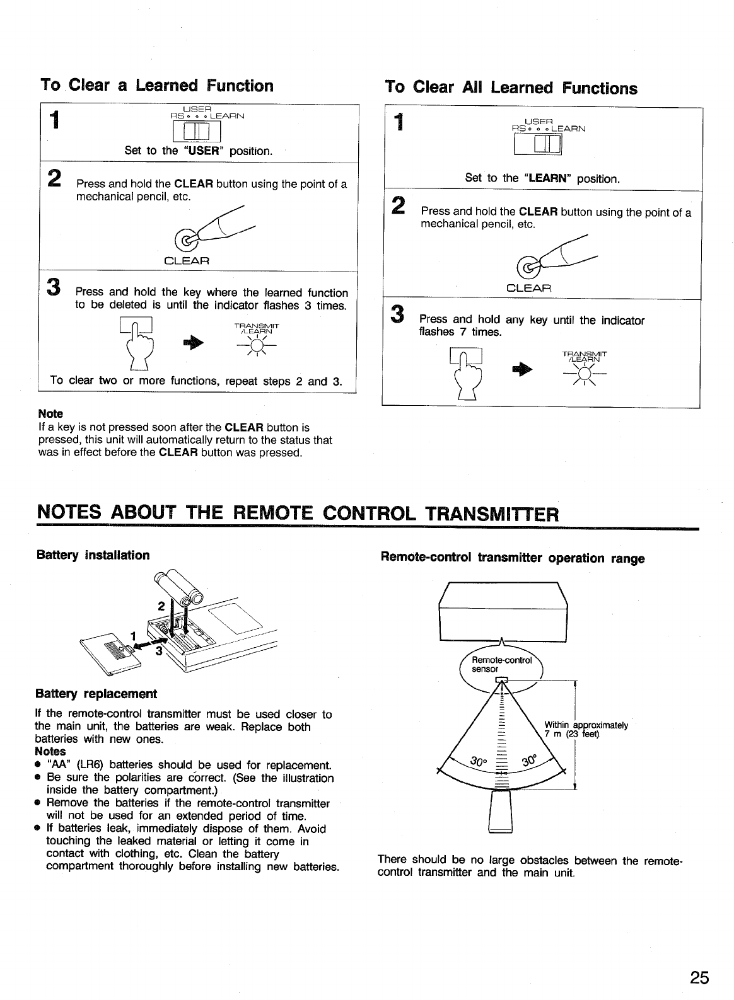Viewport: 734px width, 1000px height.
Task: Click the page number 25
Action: click(x=699, y=977)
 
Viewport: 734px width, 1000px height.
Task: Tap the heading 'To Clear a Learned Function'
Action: click(x=157, y=85)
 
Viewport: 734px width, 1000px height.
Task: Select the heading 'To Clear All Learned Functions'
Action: click(x=511, y=88)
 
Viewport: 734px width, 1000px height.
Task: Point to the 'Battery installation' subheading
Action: click(x=93, y=555)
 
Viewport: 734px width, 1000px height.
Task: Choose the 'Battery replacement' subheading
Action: click(x=96, y=694)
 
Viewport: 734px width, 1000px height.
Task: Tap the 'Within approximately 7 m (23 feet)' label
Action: click(x=586, y=730)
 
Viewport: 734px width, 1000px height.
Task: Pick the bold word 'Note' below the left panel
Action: click(x=50, y=413)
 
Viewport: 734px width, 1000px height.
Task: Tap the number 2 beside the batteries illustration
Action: click(x=161, y=606)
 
